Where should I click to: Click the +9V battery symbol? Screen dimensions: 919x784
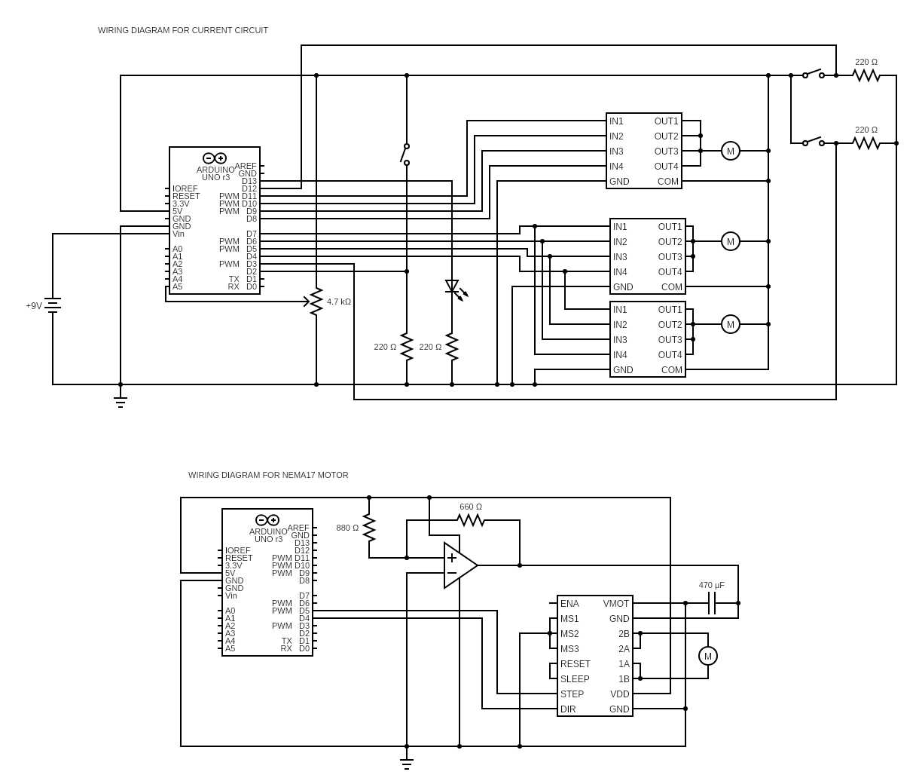coord(53,305)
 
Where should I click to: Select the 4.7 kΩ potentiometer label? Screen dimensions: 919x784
coord(339,302)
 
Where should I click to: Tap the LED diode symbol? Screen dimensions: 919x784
coord(452,286)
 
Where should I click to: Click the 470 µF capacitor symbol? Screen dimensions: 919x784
coord(711,603)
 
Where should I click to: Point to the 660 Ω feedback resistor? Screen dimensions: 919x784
coord(470,520)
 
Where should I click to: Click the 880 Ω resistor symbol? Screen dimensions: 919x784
coord(369,528)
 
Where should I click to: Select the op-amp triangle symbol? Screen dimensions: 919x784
coord(460,565)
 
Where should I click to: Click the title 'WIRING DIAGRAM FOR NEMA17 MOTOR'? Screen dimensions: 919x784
coord(268,475)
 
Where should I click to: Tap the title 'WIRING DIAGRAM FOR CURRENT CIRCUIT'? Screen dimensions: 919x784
coord(183,30)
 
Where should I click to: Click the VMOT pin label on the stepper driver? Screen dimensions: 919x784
coord(615,604)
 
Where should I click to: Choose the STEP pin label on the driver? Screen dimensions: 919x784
coord(572,694)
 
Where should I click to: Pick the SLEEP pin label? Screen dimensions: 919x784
coord(575,679)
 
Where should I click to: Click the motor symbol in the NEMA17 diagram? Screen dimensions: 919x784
coord(708,657)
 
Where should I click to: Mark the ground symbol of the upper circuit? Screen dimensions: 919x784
coord(121,403)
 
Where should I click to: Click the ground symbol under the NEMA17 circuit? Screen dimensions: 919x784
coord(406,764)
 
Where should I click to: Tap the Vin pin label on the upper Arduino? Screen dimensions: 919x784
coord(179,234)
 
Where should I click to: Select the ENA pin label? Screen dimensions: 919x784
coord(569,604)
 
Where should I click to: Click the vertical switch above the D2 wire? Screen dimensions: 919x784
coord(405,155)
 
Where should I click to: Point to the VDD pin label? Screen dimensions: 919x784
coord(620,694)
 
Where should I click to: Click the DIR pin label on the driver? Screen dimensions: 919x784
coord(568,709)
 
